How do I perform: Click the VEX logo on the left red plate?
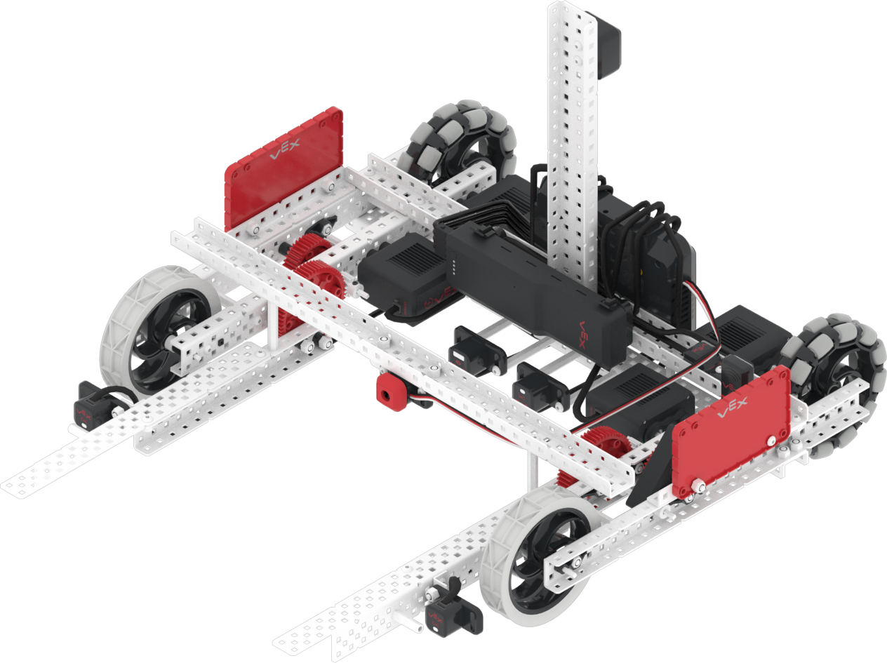(x=285, y=149)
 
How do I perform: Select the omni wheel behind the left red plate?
(x=464, y=141)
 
